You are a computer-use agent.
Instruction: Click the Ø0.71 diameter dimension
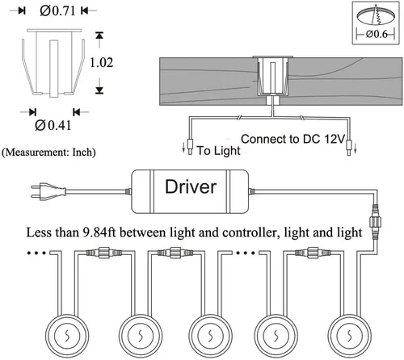pos(57,11)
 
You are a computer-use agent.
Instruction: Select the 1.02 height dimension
pos(101,63)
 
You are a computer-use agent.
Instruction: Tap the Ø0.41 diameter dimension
pos(53,125)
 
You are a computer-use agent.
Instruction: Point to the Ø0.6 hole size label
pos(377,34)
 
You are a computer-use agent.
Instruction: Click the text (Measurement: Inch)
pos(48,153)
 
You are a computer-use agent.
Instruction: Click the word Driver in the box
pos(191,186)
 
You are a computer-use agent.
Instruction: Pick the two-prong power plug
pos(48,191)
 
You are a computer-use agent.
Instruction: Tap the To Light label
pos(218,151)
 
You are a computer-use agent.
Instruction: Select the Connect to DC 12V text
pos(292,139)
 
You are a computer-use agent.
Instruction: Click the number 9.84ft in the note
pos(99,232)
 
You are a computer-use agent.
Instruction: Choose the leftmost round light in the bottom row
pos(67,336)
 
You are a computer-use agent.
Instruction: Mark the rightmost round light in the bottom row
pos(350,336)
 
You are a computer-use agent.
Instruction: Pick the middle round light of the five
pos(210,336)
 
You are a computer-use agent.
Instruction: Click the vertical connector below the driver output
pos(375,222)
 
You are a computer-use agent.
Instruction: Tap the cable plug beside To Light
pos(190,147)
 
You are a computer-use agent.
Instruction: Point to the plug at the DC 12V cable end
pos(349,148)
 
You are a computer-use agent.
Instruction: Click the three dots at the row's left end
pos(36,253)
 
